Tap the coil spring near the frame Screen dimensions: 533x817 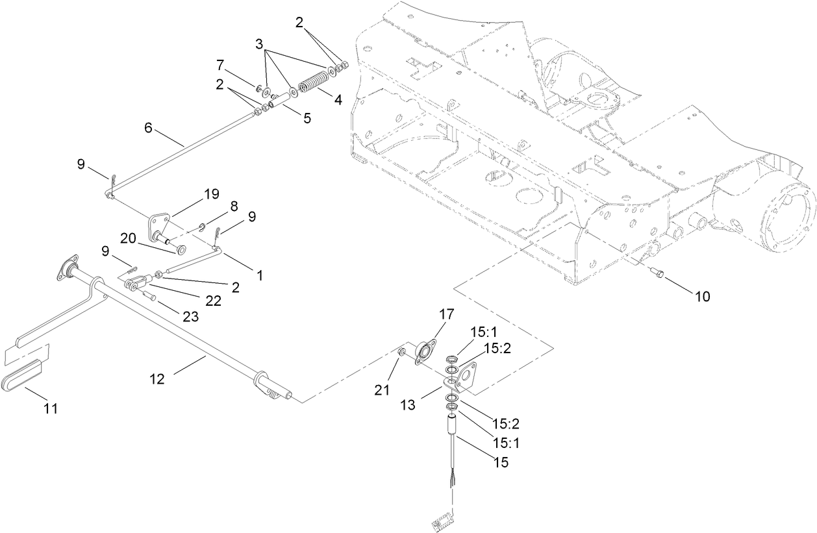pyautogui.click(x=311, y=84)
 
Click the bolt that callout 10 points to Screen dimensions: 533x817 pyautogui.click(x=657, y=275)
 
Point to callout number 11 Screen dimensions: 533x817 pyautogui.click(x=50, y=408)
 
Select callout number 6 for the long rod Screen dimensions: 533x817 pyautogui.click(x=149, y=129)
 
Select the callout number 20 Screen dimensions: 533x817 pyautogui.click(x=129, y=239)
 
